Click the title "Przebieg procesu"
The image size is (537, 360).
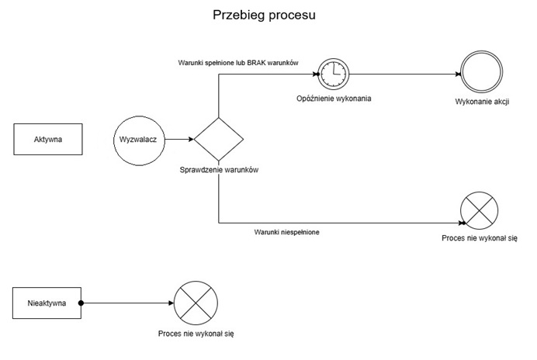264,15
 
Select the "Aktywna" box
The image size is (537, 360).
47,140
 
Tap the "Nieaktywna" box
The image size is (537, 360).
47,303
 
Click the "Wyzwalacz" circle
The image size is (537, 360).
140,140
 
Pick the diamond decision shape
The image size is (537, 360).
218,140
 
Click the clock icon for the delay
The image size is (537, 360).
332,75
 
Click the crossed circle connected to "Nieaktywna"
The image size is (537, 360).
196,303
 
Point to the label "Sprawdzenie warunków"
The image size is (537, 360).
218,171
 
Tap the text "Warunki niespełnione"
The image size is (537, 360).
287,231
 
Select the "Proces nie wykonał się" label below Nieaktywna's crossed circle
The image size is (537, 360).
196,333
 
